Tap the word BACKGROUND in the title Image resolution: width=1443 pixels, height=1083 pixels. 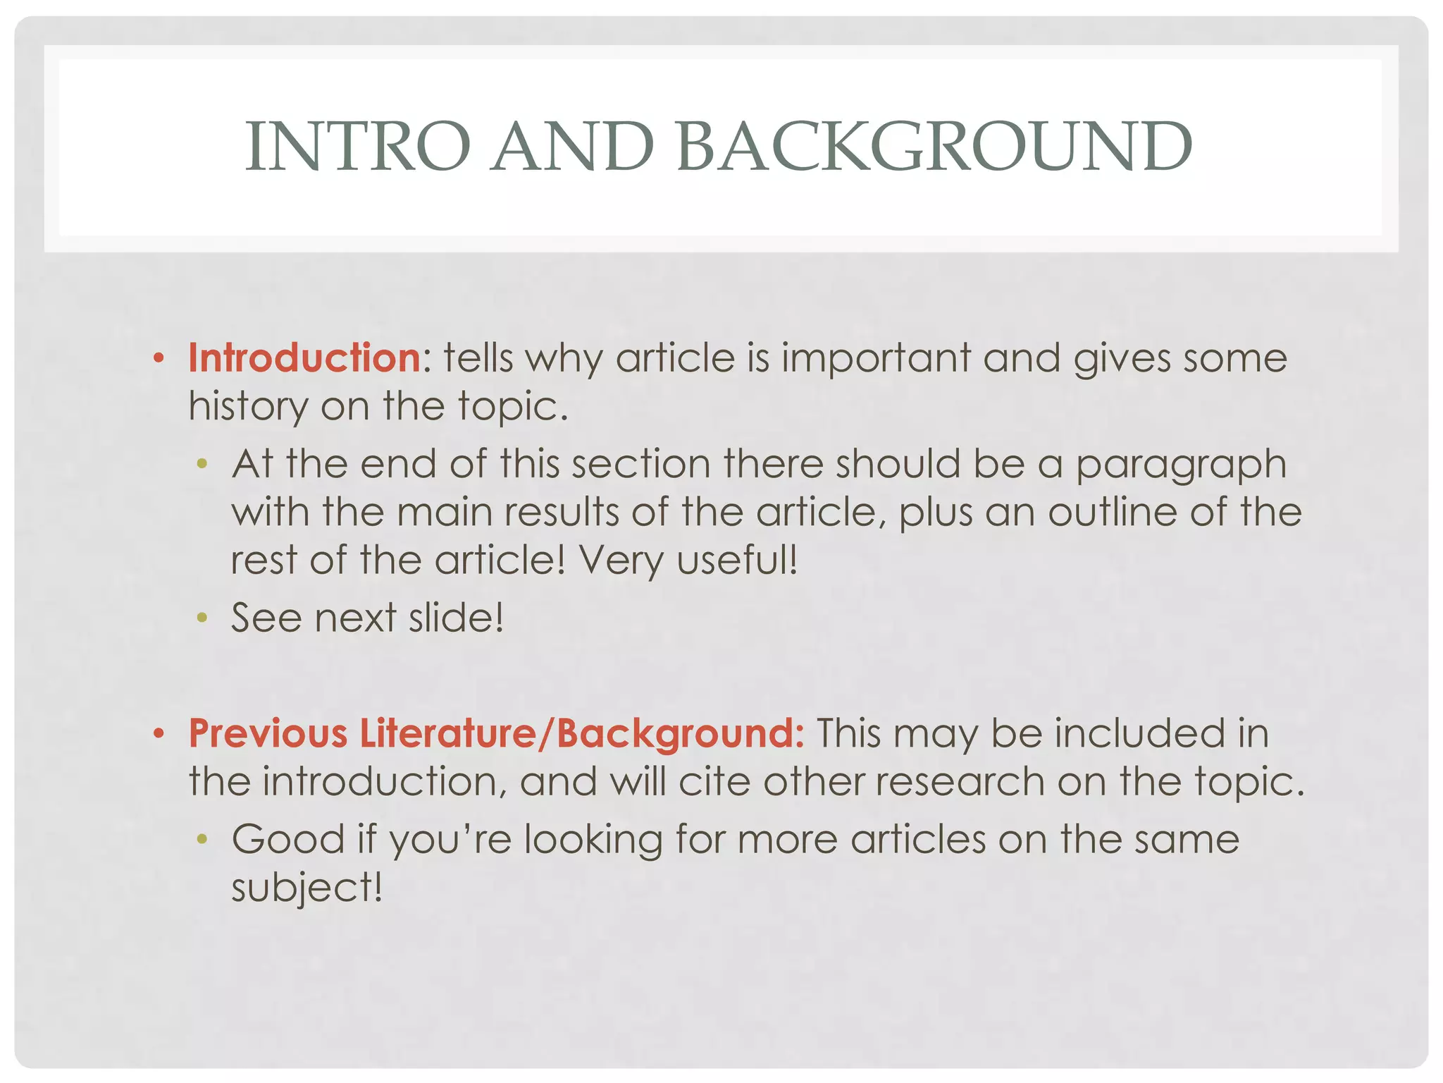[934, 147]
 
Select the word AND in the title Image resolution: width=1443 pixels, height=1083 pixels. [573, 147]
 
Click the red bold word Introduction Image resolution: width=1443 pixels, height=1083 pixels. [304, 357]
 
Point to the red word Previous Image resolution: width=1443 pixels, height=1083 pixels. [268, 733]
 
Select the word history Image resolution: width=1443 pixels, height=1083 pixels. [248, 407]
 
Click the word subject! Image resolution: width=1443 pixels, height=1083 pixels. [307, 888]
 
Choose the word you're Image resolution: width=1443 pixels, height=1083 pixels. [451, 840]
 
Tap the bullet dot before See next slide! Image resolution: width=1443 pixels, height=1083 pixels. [202, 619]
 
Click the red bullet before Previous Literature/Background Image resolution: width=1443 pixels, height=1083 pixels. [159, 735]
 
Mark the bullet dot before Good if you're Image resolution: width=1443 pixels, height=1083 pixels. [202, 840]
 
